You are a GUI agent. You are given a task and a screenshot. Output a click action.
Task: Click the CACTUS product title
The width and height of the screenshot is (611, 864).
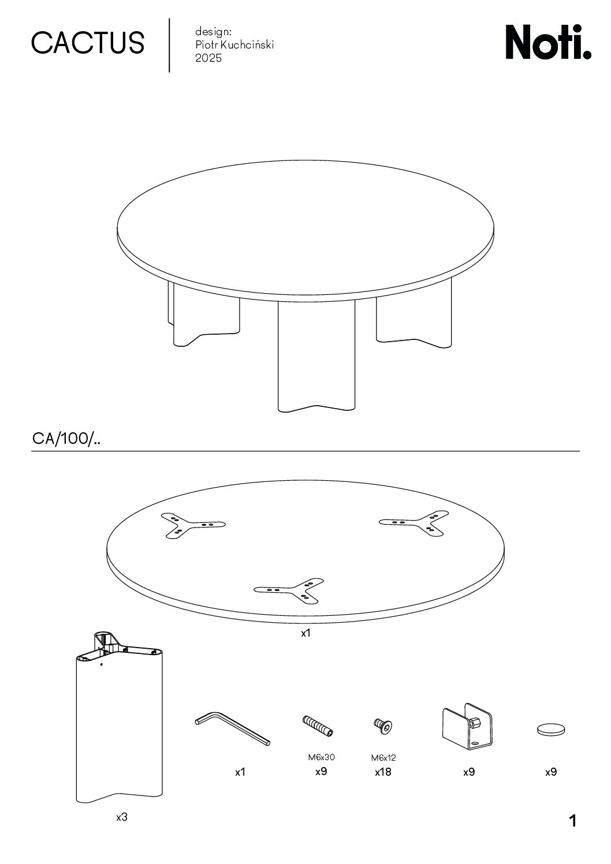[x=88, y=43]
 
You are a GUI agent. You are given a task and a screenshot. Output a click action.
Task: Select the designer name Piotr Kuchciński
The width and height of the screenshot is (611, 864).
[x=234, y=45]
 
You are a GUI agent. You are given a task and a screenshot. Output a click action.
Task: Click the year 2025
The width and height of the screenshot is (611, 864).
[x=208, y=58]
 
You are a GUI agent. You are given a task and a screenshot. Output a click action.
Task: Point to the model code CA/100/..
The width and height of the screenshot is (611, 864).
[x=66, y=439]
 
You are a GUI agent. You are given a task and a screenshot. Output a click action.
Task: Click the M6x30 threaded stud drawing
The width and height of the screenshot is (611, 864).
[x=317, y=725]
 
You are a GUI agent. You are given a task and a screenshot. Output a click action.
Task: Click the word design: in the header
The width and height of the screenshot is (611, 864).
[x=213, y=32]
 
